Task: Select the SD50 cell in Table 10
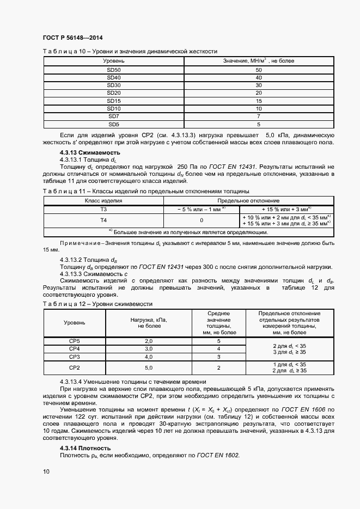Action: (x=114, y=70)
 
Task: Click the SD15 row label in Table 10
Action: (x=114, y=101)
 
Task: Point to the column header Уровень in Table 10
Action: (x=114, y=60)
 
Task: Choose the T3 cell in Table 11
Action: (x=103, y=208)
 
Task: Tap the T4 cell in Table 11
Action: (x=103, y=220)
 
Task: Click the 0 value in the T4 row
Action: (x=202, y=220)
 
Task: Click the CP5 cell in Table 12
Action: (x=74, y=341)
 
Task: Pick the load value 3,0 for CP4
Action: (x=148, y=348)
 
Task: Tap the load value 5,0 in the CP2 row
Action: (x=148, y=368)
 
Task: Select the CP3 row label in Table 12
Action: (x=74, y=357)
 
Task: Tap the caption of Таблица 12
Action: (x=97, y=303)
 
